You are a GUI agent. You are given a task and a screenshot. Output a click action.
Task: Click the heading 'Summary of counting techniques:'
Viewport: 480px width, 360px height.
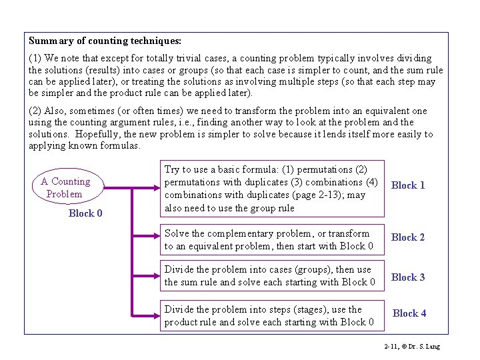point(105,41)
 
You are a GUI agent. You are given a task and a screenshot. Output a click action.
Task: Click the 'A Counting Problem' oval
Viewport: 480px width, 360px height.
point(65,187)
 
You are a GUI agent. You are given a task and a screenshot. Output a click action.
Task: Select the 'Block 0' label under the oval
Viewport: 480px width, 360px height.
point(85,213)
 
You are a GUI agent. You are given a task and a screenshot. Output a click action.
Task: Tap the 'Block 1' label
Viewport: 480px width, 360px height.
point(408,185)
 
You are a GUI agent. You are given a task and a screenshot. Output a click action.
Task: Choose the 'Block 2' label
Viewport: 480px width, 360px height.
point(408,237)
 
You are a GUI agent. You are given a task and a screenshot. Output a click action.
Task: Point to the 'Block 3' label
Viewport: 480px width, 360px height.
point(408,277)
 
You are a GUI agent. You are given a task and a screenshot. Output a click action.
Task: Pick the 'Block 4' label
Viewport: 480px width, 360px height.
point(409,313)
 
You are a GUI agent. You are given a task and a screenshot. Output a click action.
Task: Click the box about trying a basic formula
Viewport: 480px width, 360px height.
point(272,188)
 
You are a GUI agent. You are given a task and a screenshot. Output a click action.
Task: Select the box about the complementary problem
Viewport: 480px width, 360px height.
point(272,240)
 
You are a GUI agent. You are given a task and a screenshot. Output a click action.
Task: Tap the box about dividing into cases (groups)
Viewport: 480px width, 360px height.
point(272,276)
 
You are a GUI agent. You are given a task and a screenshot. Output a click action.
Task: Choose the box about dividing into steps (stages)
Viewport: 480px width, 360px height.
point(272,315)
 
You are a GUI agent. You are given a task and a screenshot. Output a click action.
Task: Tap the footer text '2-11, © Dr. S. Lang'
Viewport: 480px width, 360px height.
point(412,347)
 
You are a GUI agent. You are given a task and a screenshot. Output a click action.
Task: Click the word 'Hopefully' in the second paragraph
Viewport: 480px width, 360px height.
point(97,134)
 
